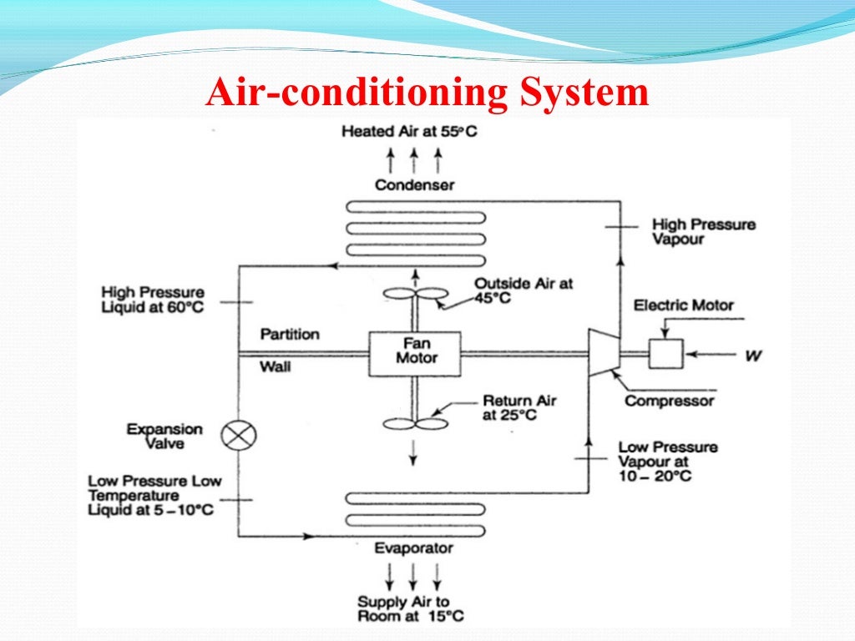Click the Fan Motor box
click(x=415, y=353)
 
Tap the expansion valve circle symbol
click(x=239, y=435)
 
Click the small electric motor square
click(x=665, y=353)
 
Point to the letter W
click(x=753, y=356)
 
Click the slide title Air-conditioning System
click(x=427, y=93)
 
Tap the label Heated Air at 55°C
click(x=409, y=132)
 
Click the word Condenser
click(x=414, y=184)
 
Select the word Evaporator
click(x=413, y=548)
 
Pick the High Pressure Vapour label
click(x=703, y=232)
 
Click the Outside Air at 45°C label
click(x=524, y=291)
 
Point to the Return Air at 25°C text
click(x=519, y=407)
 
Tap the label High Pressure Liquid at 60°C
click(x=152, y=300)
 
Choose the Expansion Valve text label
click(x=164, y=437)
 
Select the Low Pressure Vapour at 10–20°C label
click(x=668, y=462)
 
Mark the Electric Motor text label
click(x=683, y=305)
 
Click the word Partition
click(x=290, y=335)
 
